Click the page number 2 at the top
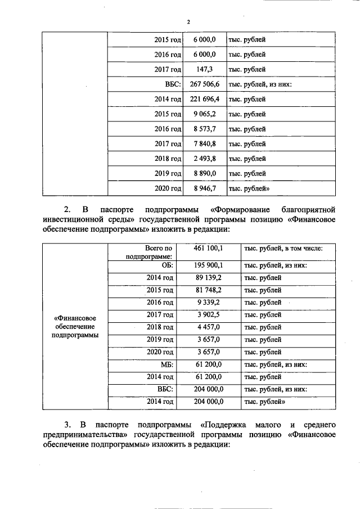(188, 22)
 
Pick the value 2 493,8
(204, 159)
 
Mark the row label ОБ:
(166, 265)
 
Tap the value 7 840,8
(204, 143)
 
